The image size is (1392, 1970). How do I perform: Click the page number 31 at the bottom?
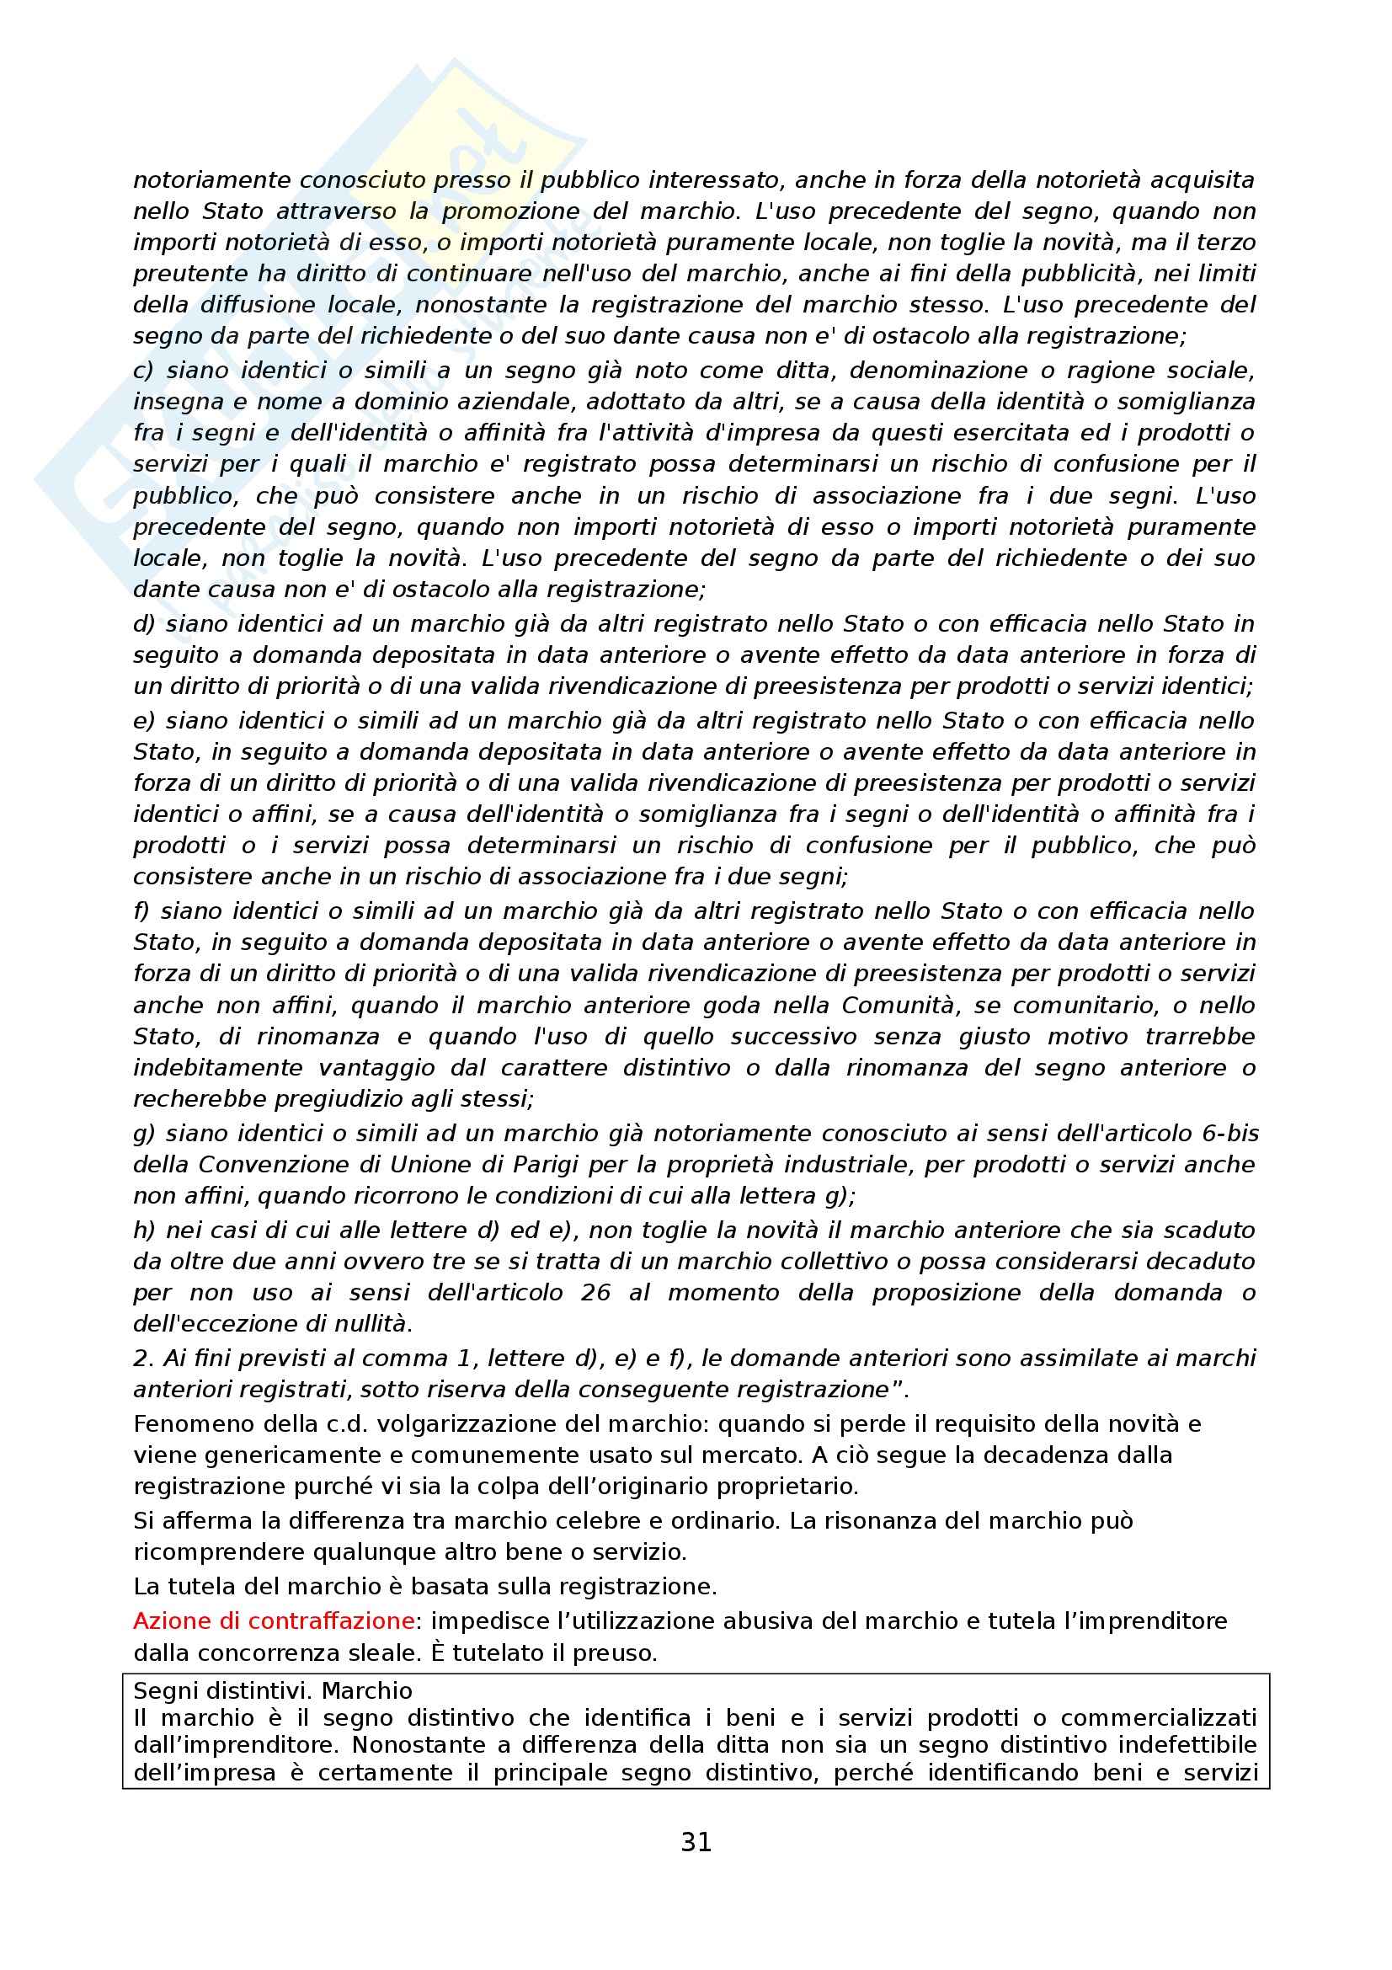[x=696, y=1843]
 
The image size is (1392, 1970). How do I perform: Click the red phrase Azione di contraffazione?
[x=274, y=1620]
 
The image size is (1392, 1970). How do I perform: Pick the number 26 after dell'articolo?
[x=595, y=1292]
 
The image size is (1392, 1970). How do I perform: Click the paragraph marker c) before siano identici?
[x=142, y=371]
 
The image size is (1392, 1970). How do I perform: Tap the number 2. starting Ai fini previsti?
[x=142, y=1358]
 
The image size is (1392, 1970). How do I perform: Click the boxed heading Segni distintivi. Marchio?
[x=273, y=1690]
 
